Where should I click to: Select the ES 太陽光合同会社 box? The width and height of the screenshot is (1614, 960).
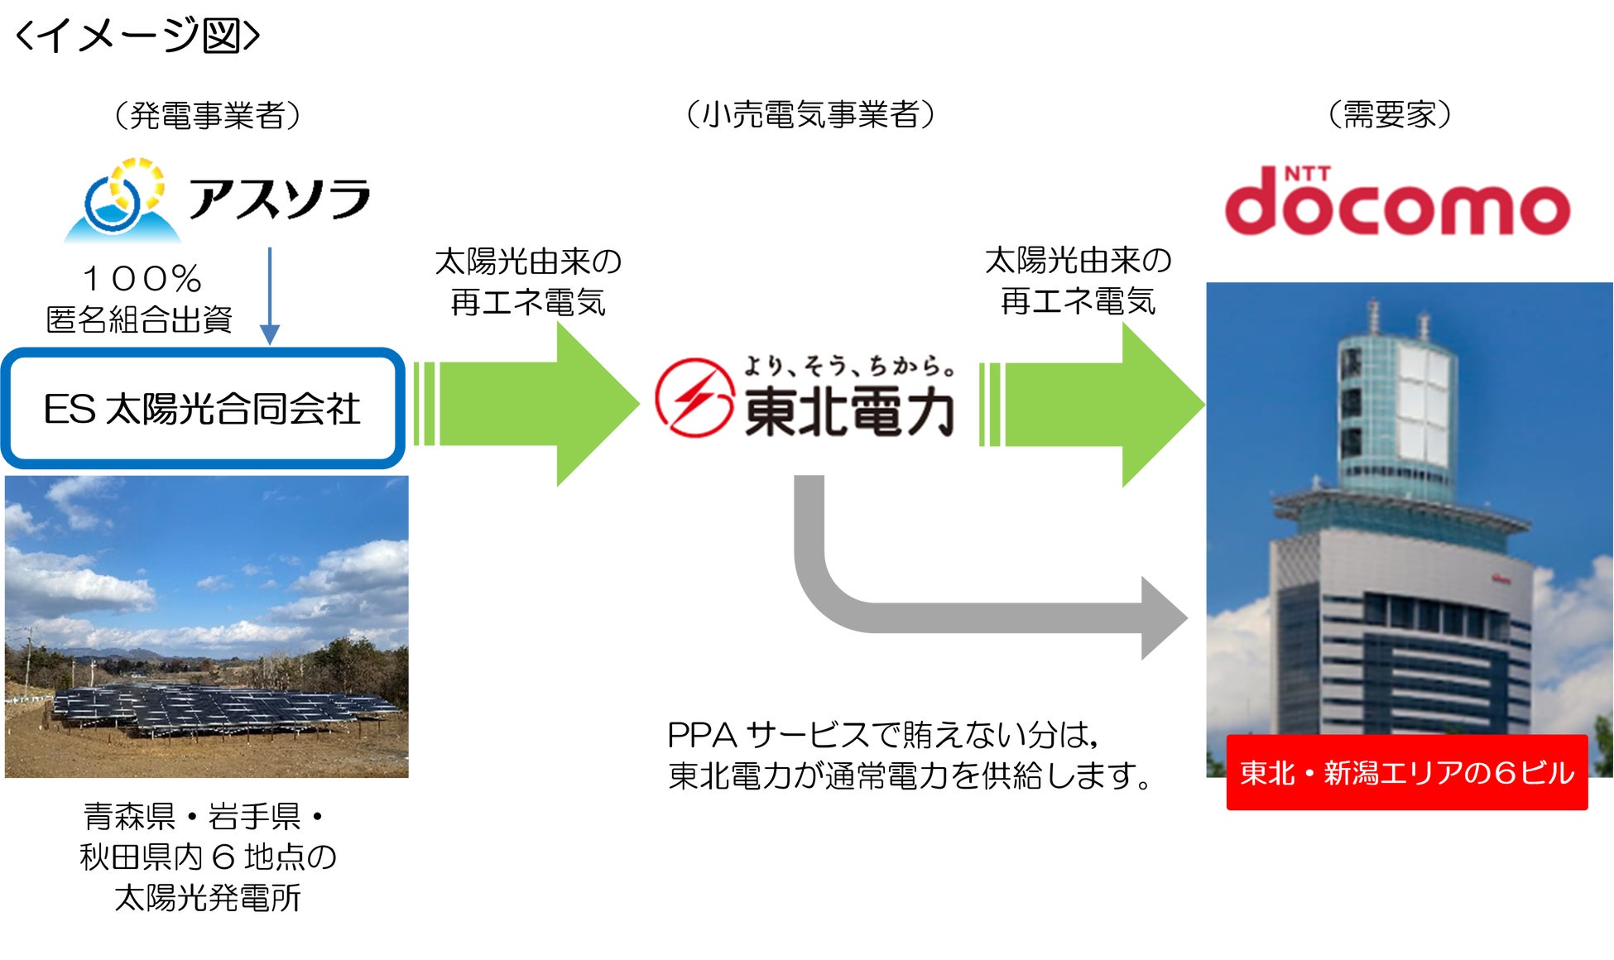click(x=203, y=409)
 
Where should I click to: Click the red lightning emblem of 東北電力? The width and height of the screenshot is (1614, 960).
click(x=694, y=398)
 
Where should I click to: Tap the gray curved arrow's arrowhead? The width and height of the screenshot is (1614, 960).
click(x=1163, y=618)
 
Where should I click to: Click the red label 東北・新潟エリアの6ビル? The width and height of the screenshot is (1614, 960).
click(x=1406, y=773)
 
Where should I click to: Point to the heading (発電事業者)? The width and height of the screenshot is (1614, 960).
click(x=207, y=115)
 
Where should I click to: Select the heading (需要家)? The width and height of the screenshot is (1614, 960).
click(x=1390, y=114)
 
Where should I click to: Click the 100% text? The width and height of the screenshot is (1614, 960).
click(x=142, y=279)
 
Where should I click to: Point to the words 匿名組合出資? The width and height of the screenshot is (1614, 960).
click(x=139, y=319)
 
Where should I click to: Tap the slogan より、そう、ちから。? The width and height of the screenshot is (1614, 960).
click(x=848, y=365)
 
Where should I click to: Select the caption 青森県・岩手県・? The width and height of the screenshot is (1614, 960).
click(x=205, y=817)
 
